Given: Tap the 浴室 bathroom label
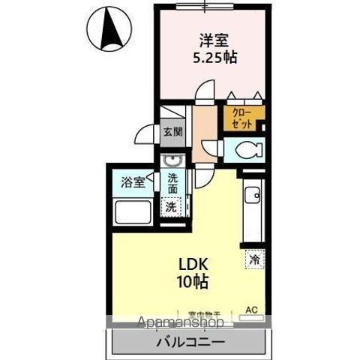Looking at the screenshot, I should pyautogui.click(x=133, y=182).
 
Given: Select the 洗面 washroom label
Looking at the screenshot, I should pyautogui.click(x=173, y=184).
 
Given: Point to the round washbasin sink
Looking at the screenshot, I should pyautogui.click(x=172, y=162).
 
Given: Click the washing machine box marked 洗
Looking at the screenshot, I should pyautogui.click(x=172, y=205).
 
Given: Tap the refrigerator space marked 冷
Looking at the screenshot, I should pyautogui.click(x=255, y=259).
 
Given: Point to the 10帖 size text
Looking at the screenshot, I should pyautogui.click(x=193, y=283).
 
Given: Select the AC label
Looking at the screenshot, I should pyautogui.click(x=253, y=308).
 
